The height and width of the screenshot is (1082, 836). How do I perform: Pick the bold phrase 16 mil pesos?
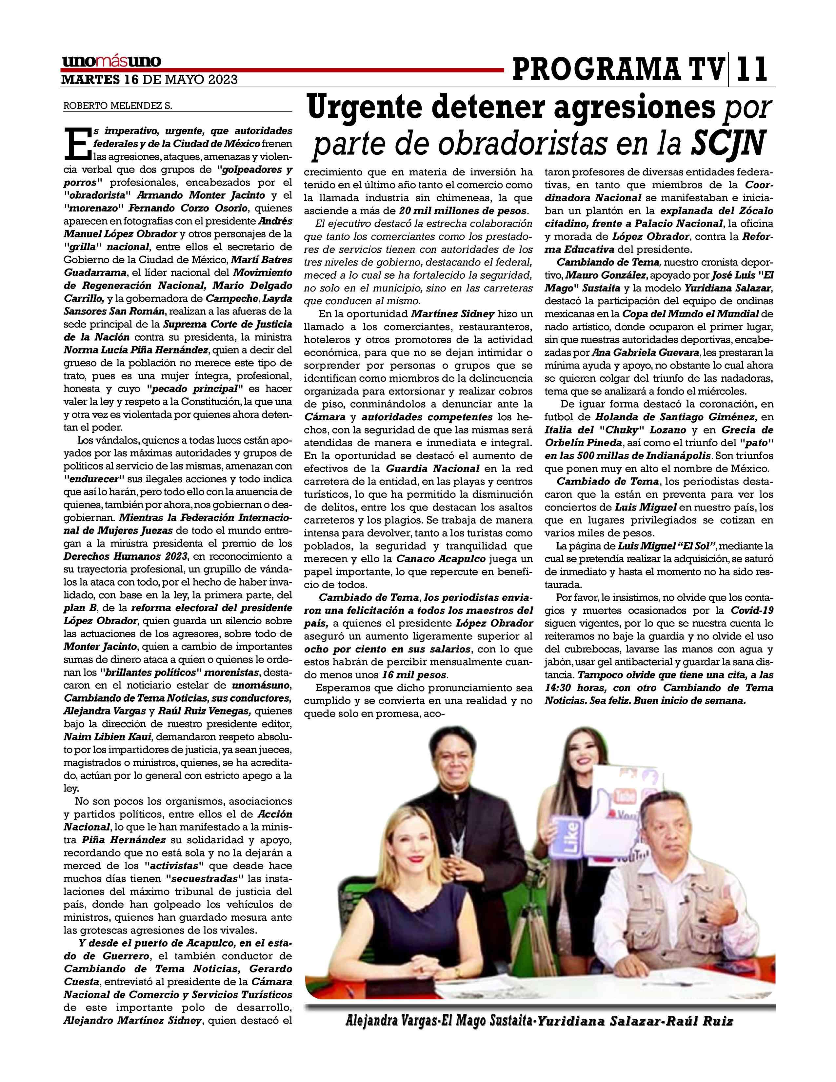tap(414, 675)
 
